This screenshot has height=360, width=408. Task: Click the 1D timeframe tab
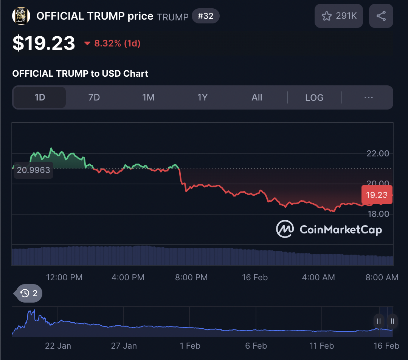(x=40, y=97)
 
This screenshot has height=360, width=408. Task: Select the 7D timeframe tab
(x=94, y=97)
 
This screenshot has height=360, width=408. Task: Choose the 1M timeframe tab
(x=148, y=97)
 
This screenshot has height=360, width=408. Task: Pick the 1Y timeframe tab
(x=202, y=97)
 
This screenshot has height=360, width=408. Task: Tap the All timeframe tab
(x=257, y=97)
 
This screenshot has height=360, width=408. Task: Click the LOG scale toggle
(x=314, y=97)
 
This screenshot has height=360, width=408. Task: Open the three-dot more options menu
(x=369, y=97)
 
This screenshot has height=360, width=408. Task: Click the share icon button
(x=381, y=16)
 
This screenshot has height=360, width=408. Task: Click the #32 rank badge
(x=205, y=16)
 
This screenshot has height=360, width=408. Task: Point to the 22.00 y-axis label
(x=378, y=154)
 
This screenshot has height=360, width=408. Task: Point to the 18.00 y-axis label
(x=378, y=214)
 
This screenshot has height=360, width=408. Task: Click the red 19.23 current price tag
(x=377, y=195)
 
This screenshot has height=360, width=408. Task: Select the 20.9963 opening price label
(x=33, y=170)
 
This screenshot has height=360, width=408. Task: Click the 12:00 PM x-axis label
(x=64, y=278)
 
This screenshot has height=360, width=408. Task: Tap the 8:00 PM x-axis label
(x=191, y=278)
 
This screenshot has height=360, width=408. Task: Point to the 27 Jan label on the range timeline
(x=124, y=346)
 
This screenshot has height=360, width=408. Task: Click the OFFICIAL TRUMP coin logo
(x=21, y=16)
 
